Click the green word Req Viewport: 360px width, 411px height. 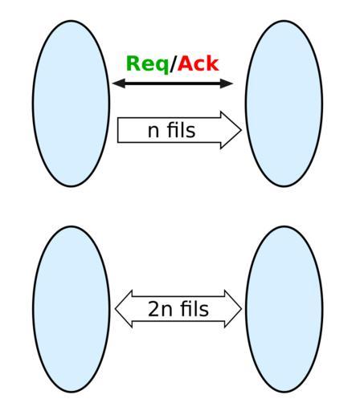point(147,64)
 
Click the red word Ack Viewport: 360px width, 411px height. point(198,63)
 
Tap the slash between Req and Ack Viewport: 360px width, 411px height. point(174,63)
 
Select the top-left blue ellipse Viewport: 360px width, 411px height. point(71,104)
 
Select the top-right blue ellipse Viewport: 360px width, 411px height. point(284,104)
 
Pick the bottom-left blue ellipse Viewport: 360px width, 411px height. point(71,309)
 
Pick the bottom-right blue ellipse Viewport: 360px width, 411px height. point(284,309)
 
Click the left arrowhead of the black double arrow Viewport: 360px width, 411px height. point(119,83)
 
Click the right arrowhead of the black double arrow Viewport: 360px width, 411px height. point(227,83)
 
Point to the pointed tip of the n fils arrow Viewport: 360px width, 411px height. point(241,130)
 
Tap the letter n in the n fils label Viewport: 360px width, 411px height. point(153,132)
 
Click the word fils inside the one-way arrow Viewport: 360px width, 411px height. point(182,130)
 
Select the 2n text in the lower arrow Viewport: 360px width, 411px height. point(160,309)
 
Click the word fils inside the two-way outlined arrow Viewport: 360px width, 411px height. point(194,308)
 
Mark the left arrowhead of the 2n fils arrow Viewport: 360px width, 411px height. point(124,309)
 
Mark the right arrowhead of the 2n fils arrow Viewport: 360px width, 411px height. point(233,309)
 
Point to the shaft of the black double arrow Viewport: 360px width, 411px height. point(173,83)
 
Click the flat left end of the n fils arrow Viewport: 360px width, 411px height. point(118,130)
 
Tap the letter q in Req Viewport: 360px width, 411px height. point(162,66)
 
